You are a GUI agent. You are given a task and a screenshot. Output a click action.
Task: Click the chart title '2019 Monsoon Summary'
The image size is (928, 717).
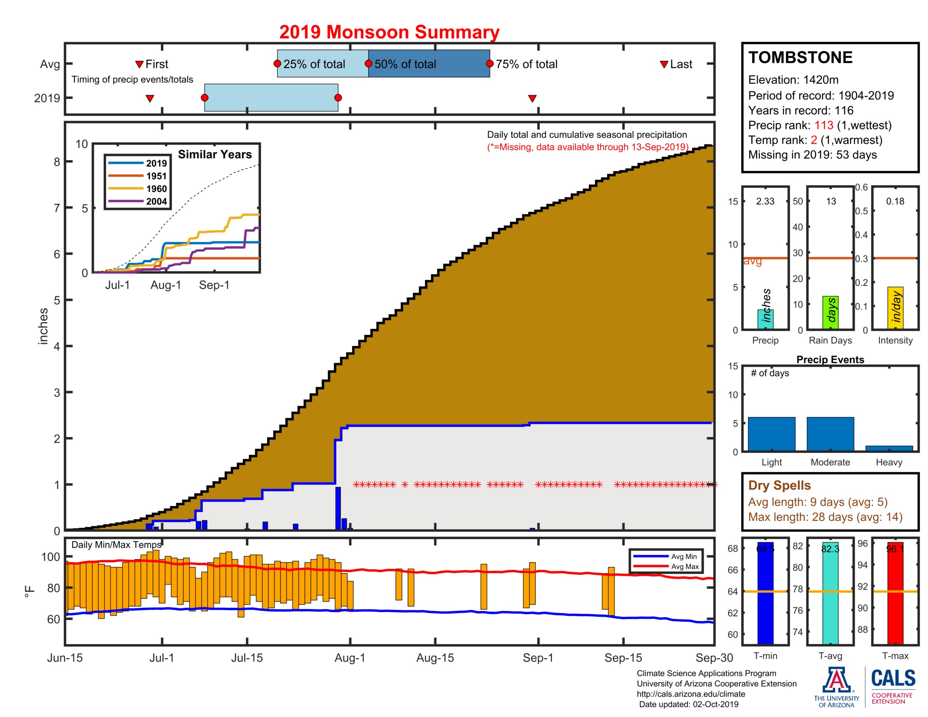coord(389,32)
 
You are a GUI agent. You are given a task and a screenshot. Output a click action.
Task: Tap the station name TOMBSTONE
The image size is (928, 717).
coord(800,58)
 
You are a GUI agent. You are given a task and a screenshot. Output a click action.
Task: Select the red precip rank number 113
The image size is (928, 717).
coord(823,125)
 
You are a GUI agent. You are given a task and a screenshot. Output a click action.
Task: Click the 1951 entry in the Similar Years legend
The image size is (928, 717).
coord(156,176)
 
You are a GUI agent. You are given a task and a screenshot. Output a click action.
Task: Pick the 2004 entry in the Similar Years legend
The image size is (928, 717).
coord(156,201)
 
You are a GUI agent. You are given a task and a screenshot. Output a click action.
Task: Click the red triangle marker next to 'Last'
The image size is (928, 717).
coord(664,65)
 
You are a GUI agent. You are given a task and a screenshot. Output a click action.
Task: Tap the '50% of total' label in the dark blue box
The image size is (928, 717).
coord(405,64)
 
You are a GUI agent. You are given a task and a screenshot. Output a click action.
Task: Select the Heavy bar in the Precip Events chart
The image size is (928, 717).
coord(889,448)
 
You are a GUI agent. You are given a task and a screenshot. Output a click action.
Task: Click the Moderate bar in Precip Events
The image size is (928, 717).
coord(830,434)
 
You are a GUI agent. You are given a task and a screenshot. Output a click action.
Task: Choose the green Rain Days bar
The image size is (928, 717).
coord(830,313)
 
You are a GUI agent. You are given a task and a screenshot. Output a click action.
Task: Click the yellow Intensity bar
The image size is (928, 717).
coord(895,308)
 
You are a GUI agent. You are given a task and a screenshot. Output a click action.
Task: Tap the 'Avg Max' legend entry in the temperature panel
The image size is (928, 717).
coord(685,566)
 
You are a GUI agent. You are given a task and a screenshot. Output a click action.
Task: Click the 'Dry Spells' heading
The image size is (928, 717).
coord(779,485)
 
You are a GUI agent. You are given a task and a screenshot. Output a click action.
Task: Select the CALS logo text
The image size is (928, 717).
coord(893,678)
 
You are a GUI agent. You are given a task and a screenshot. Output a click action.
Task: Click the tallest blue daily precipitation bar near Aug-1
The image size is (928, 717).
coord(338,508)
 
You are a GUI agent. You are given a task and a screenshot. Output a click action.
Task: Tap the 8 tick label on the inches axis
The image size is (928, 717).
coord(57,162)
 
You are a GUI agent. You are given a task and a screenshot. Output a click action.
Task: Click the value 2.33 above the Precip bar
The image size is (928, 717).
coord(765,201)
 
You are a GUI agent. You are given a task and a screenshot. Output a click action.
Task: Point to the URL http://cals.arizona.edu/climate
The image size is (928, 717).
coord(691,694)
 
